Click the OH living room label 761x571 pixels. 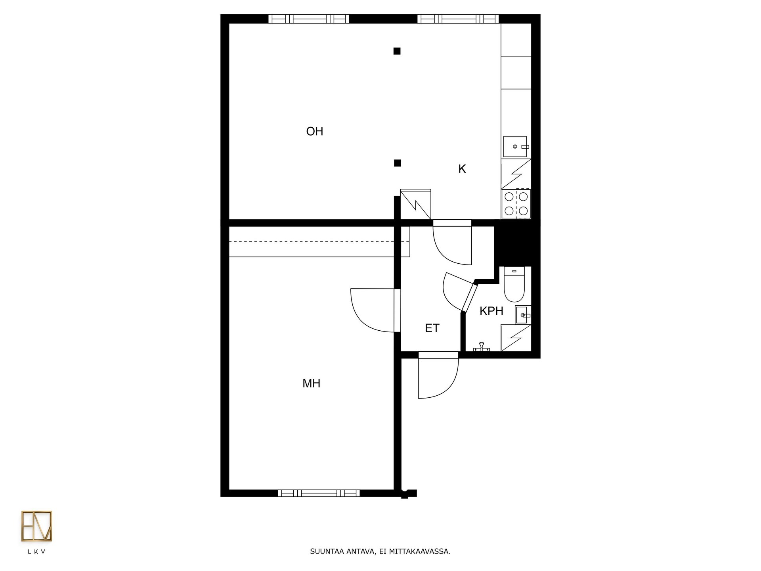coord(315,131)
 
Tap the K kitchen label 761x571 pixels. coord(462,169)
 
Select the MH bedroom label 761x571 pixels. coord(311,383)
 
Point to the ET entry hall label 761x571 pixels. coord(432,328)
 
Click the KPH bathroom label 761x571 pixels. coord(491,311)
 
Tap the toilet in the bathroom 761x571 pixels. coord(514,284)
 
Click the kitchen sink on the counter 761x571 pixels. coord(515,147)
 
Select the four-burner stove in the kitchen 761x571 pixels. coord(516,203)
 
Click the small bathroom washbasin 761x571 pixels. coord(523,315)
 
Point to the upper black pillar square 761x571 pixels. coord(397,51)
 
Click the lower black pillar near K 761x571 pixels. coord(398,163)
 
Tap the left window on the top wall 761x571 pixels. coord(309,19)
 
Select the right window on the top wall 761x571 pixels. coord(458,19)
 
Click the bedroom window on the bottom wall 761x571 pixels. coord(319,493)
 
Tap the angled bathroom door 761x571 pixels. coord(470,297)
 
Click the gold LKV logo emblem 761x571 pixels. coord(36,526)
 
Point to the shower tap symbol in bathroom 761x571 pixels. coord(482,347)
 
